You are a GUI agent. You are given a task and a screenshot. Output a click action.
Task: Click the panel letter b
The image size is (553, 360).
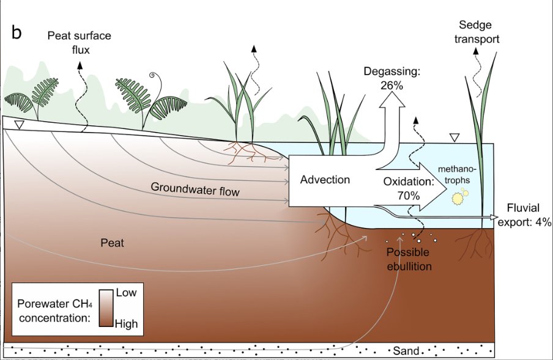[17, 33]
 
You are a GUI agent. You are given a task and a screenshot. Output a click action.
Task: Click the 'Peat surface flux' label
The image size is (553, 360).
[79, 43]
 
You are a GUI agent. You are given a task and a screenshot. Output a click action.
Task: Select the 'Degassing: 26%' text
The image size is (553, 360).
[392, 78]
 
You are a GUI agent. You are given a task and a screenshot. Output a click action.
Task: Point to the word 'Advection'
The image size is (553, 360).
[325, 180]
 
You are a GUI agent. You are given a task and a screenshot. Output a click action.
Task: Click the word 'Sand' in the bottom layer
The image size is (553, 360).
[406, 351]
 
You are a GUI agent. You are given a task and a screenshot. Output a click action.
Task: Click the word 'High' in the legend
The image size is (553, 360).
[127, 324]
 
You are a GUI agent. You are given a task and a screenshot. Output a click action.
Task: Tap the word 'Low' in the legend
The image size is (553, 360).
[126, 293]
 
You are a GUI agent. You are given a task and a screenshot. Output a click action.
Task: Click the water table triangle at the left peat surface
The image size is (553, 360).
[19, 125]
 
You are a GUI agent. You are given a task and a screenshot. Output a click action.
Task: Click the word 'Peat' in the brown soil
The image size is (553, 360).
[112, 243]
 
